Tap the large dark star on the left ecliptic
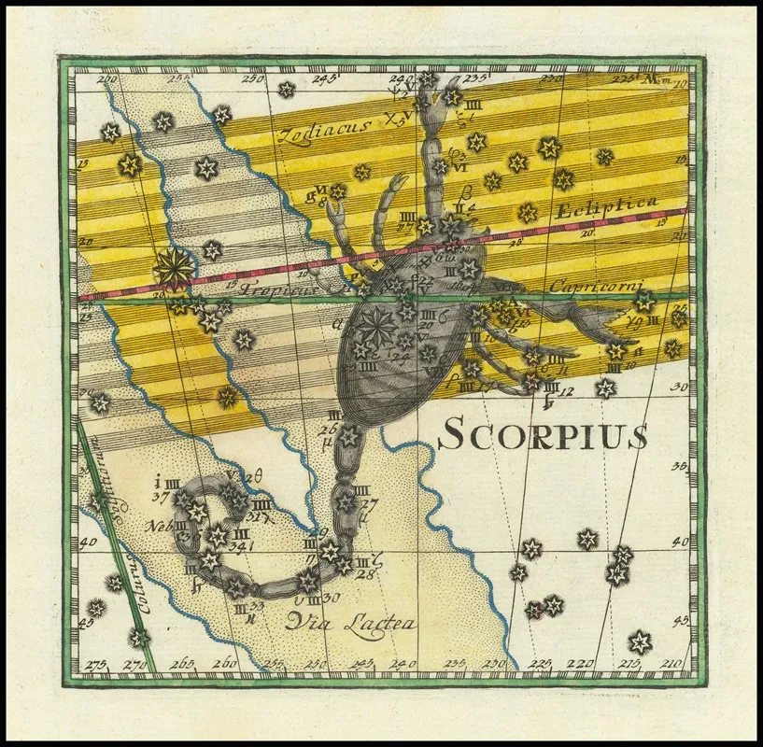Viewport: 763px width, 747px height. [x=174, y=269]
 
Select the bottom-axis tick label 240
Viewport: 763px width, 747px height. [x=403, y=665]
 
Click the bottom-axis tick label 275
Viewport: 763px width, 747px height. [x=94, y=665]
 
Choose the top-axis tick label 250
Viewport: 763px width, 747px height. [x=252, y=79]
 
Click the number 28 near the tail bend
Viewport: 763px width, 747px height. [x=364, y=573]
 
